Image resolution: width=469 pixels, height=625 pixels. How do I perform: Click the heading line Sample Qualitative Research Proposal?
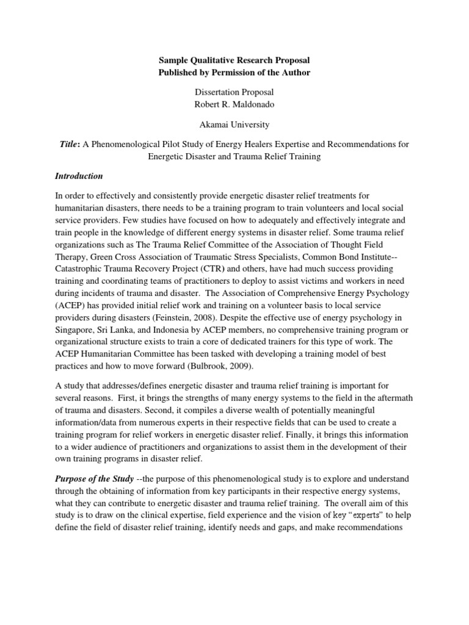tap(234, 60)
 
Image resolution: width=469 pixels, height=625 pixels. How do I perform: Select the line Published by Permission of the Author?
tap(234, 73)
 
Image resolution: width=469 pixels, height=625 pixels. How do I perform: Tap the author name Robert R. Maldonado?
tap(234, 105)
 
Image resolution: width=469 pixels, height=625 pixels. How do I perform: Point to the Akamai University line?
tap(234, 125)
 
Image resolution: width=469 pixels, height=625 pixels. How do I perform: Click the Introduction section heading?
tap(79, 176)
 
